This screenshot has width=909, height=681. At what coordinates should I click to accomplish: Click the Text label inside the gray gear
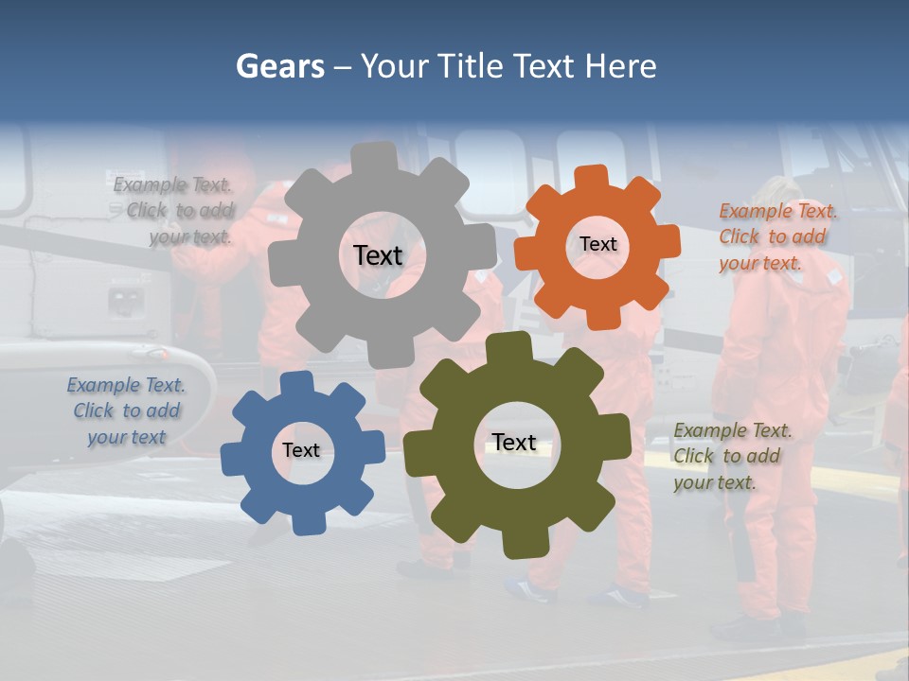coord(378,255)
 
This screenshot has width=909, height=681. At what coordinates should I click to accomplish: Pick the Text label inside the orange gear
coord(597,244)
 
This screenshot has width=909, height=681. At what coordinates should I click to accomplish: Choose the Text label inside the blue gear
coord(301,450)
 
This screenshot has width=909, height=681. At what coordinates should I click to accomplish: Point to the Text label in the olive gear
coord(514,442)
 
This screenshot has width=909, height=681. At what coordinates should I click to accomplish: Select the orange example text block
coord(776,236)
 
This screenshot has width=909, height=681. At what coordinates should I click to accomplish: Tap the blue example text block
coord(126,410)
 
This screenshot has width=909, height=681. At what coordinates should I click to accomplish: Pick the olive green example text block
coord(732,456)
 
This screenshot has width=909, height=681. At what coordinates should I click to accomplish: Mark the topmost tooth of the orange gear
coord(592,177)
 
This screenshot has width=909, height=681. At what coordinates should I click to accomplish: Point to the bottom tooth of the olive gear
coord(520,546)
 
